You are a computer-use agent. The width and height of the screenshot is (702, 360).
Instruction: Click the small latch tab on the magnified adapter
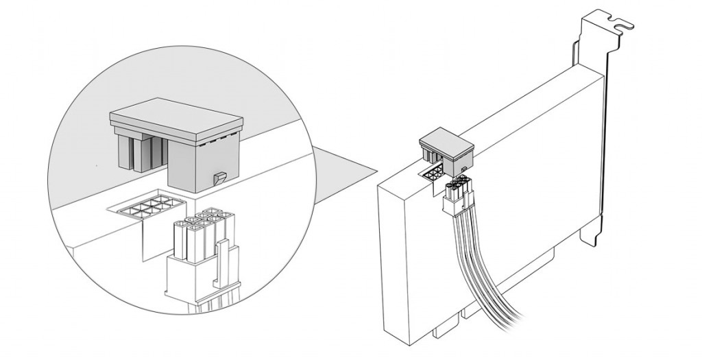click(x=219, y=178)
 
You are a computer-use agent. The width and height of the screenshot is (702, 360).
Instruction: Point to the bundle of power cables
click(x=480, y=274)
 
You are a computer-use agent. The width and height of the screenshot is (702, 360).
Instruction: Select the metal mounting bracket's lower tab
click(x=590, y=233)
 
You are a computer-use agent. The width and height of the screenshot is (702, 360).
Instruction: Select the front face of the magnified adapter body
click(x=199, y=165)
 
